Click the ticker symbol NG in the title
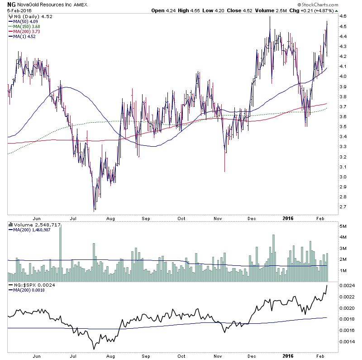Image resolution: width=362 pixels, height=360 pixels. pyautogui.click(x=11, y=5)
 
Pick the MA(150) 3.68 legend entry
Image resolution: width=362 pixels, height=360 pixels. pyautogui.click(x=25, y=26)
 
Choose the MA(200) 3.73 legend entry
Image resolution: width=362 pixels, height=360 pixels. pyautogui.click(x=25, y=31)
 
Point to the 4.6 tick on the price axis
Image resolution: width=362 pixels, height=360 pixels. pyautogui.click(x=343, y=16)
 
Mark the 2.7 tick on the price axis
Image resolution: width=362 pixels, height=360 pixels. pyautogui.click(x=343, y=206)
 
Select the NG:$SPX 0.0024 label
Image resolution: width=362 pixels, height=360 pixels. pyautogui.click(x=27, y=285)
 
